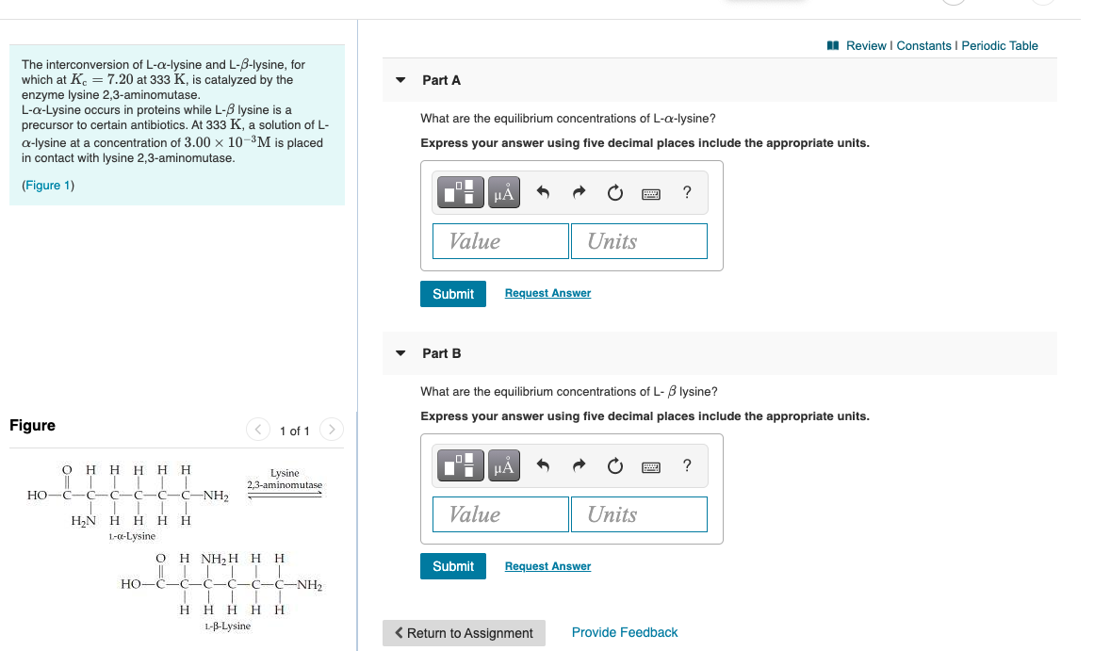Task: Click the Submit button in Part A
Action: [453, 294]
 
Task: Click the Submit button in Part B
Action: [453, 566]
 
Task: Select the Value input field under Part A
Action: [501, 241]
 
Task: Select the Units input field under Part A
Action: [639, 241]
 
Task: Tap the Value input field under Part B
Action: [501, 514]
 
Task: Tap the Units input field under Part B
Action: [639, 514]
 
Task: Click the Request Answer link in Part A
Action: [547, 293]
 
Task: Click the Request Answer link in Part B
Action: [547, 566]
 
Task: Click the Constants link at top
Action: [923, 45]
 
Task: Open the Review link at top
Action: [866, 45]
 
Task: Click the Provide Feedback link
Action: [625, 632]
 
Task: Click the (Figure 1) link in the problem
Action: [47, 185]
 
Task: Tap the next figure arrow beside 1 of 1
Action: [332, 431]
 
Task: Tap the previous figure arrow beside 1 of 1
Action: [257, 431]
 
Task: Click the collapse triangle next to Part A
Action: [400, 80]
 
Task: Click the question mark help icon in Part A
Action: [687, 193]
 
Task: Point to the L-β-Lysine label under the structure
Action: [227, 626]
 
